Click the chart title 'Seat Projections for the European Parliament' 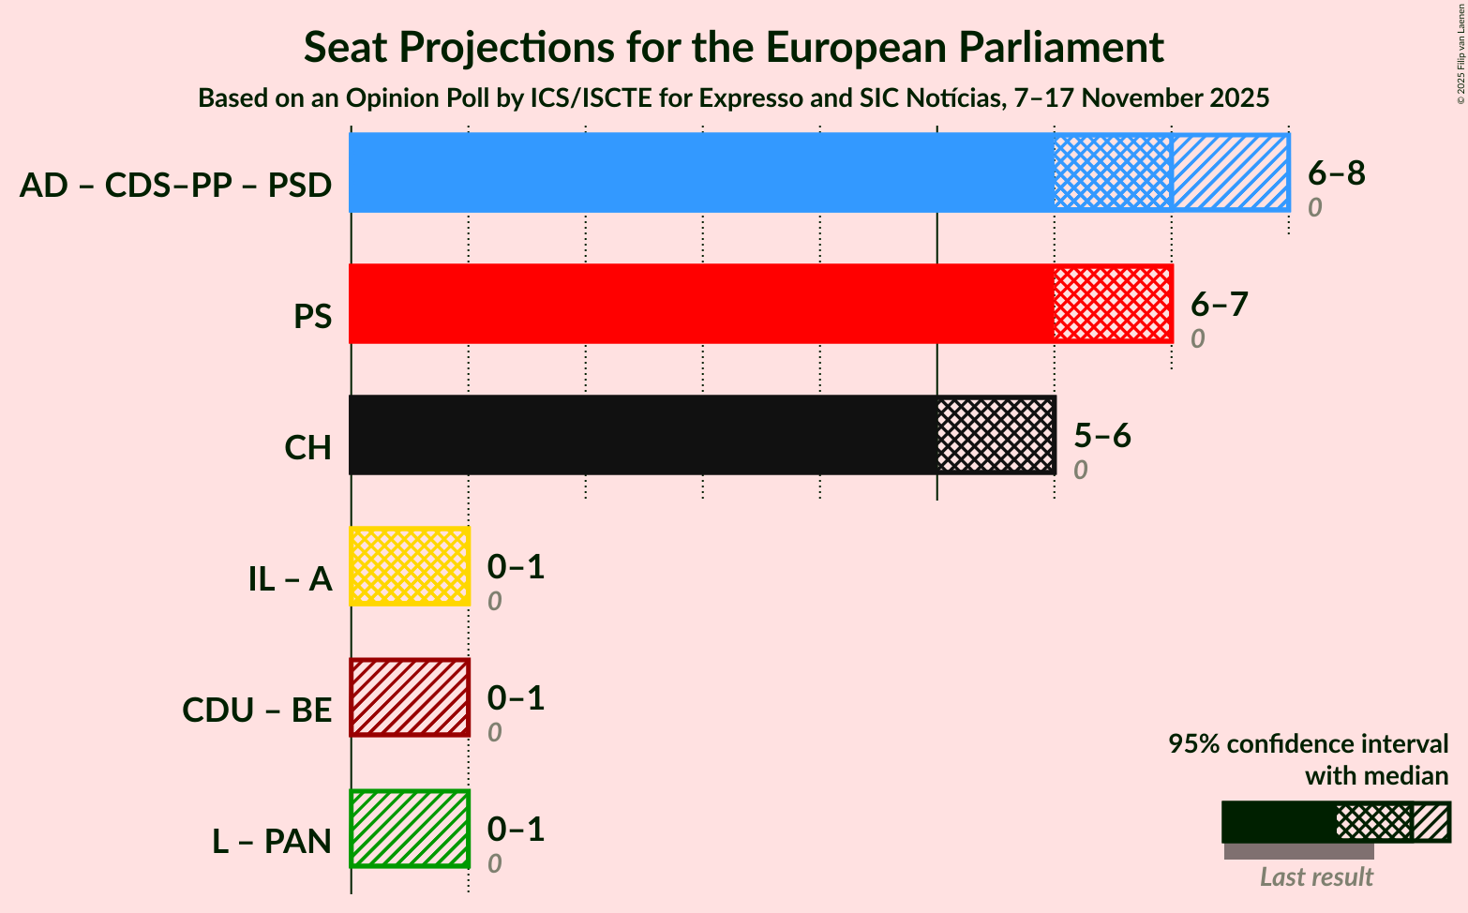tap(733, 47)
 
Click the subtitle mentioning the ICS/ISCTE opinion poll tap(733, 97)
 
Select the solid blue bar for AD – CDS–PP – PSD tap(701, 172)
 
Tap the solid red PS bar tap(701, 304)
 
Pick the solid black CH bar tap(643, 435)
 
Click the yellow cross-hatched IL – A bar tap(410, 566)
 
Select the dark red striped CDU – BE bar tap(410, 697)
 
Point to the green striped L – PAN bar tap(410, 829)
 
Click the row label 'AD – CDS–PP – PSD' tap(175, 186)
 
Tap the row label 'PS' tap(312, 317)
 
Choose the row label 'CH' tap(308, 448)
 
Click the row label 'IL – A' tap(290, 579)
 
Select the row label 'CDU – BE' tap(257, 711)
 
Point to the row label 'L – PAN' tap(272, 842)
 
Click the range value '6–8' tap(1337, 172)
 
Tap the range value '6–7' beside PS tap(1220, 304)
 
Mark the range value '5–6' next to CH tap(1102, 435)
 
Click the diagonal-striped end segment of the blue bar tap(1230, 172)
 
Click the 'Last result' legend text tap(1316, 877)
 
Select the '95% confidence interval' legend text tap(1308, 744)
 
